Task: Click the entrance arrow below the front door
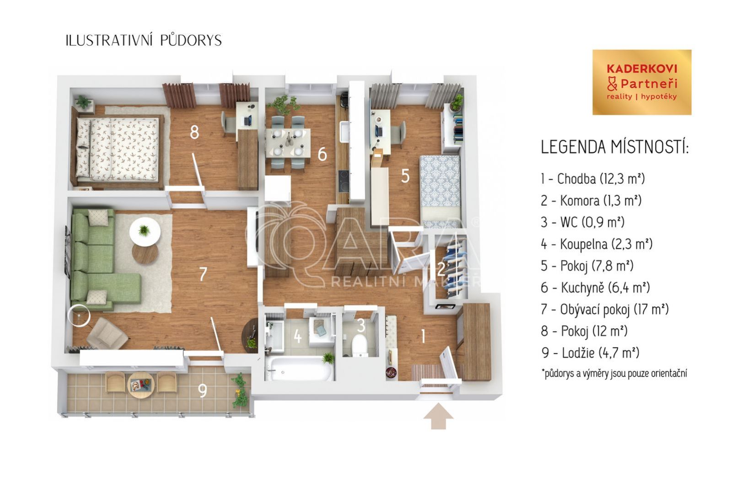coord(438,416)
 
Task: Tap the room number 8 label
coord(194,132)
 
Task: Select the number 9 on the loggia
coord(203,391)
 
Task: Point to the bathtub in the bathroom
coord(299,369)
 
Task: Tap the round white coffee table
coord(145,232)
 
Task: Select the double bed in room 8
coord(118,149)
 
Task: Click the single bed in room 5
coord(441,191)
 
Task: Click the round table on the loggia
coord(140,385)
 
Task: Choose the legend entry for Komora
coord(591,201)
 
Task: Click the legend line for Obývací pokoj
coord(605,309)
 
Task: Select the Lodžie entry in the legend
coord(591,353)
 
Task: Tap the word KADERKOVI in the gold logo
coord(642,69)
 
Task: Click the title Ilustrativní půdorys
coord(144,40)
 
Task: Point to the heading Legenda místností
coord(614,147)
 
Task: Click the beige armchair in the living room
coord(107,333)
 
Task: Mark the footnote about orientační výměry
coord(614,373)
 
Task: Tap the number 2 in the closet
coord(441,269)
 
